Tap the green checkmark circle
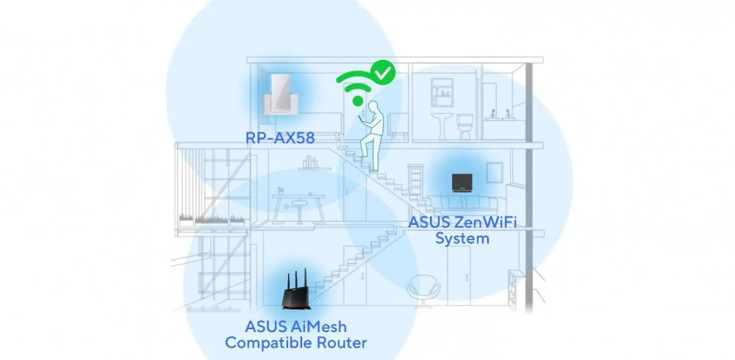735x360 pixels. coord(383,72)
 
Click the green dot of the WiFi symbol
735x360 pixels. coord(359,101)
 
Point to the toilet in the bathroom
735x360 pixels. coord(465,126)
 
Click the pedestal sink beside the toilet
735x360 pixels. coord(442,126)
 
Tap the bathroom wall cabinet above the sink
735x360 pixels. coord(442,93)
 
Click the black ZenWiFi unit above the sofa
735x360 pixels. coord(459,182)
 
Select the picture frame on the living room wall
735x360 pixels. coord(494,173)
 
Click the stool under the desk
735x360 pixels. coord(298,210)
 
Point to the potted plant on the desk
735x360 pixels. coord(281,191)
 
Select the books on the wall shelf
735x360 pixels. coord(310,162)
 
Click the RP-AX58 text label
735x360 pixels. coord(280,138)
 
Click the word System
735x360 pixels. coord(462,239)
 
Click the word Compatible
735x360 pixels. coord(268,342)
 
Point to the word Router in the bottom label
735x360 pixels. coord(343,342)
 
